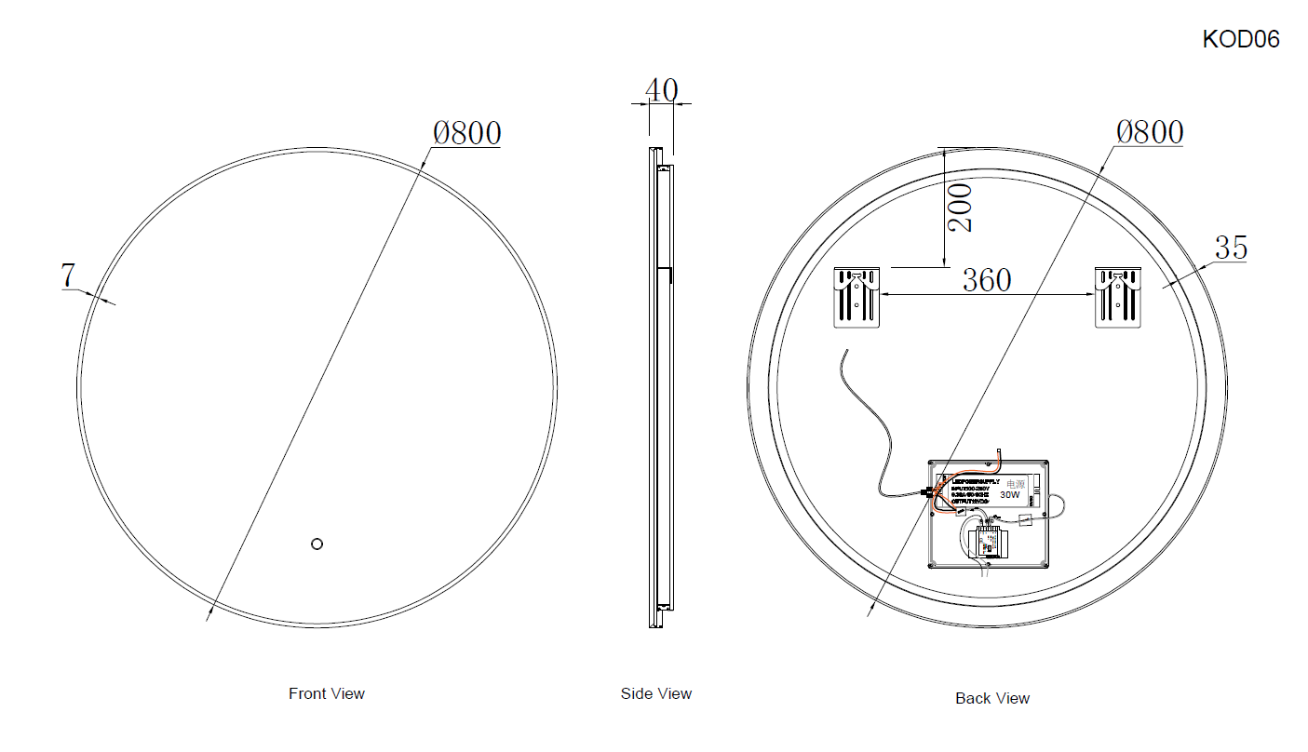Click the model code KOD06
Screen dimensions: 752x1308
pyautogui.click(x=1241, y=39)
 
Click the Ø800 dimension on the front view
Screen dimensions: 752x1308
pyautogui.click(x=466, y=133)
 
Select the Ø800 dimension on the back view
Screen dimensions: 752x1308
pyautogui.click(x=1150, y=132)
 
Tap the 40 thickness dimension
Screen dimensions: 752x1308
pyautogui.click(x=661, y=90)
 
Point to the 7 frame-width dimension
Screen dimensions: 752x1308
pyautogui.click(x=67, y=275)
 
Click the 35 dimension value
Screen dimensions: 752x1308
pyautogui.click(x=1231, y=248)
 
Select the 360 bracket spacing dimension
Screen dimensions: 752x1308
pyautogui.click(x=986, y=279)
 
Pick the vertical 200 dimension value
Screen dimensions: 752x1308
pyautogui.click(x=961, y=207)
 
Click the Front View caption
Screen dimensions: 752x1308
pyautogui.click(x=327, y=693)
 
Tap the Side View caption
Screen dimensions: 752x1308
pyautogui.click(x=656, y=693)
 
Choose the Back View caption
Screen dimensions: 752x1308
pyautogui.click(x=992, y=698)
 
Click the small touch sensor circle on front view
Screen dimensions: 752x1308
pyautogui.click(x=317, y=544)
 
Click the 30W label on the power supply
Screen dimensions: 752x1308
pyautogui.click(x=1010, y=496)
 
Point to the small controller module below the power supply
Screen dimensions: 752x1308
pyautogui.click(x=988, y=542)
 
